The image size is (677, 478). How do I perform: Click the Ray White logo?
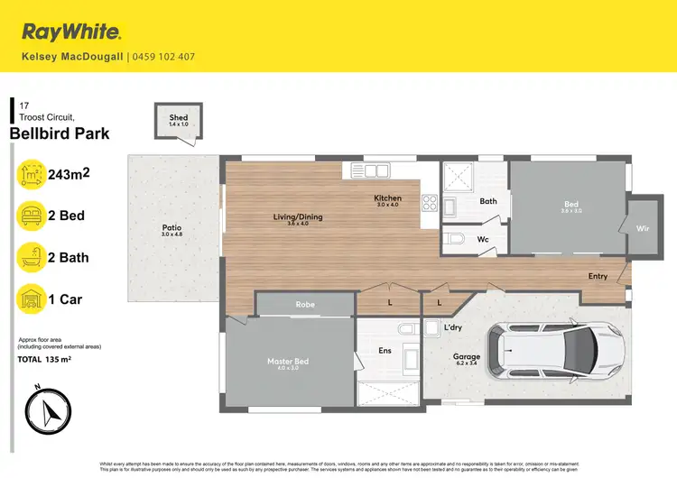coord(71,32)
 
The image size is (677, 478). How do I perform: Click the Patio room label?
coord(172,228)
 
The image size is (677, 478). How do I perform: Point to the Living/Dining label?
coord(298,217)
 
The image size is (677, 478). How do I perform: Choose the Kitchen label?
coord(388,198)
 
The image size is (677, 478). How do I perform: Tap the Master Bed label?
coord(288,362)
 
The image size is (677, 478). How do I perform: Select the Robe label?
coord(305,305)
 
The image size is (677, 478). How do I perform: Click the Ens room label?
coord(384,350)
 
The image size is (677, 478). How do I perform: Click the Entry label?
coord(598,276)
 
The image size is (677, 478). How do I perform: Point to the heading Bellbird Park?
coord(60,133)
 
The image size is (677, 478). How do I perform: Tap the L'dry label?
coord(454,326)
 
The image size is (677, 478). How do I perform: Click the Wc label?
coord(483,239)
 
